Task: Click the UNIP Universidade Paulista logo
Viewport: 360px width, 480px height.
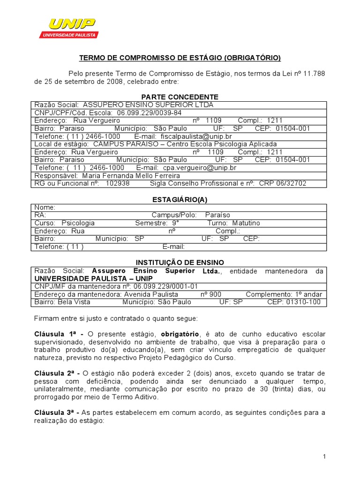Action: (x=68, y=28)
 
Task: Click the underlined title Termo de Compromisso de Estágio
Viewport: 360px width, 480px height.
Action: (x=180, y=58)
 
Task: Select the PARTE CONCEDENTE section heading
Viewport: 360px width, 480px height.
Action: (x=180, y=97)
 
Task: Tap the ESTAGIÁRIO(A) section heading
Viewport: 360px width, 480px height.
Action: (x=180, y=200)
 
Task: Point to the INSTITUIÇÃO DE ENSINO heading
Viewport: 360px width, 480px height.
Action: (x=180, y=262)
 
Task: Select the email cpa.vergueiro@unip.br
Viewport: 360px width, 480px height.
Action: (x=200, y=167)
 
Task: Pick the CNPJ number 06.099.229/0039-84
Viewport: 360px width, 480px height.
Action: (x=149, y=112)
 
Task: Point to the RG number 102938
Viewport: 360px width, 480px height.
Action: (x=118, y=183)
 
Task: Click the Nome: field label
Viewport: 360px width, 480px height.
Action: (x=45, y=207)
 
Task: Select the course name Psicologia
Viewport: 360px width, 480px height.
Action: (x=78, y=223)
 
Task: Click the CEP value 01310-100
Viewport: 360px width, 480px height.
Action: (x=300, y=302)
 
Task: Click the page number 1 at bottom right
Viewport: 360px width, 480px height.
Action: (x=324, y=457)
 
